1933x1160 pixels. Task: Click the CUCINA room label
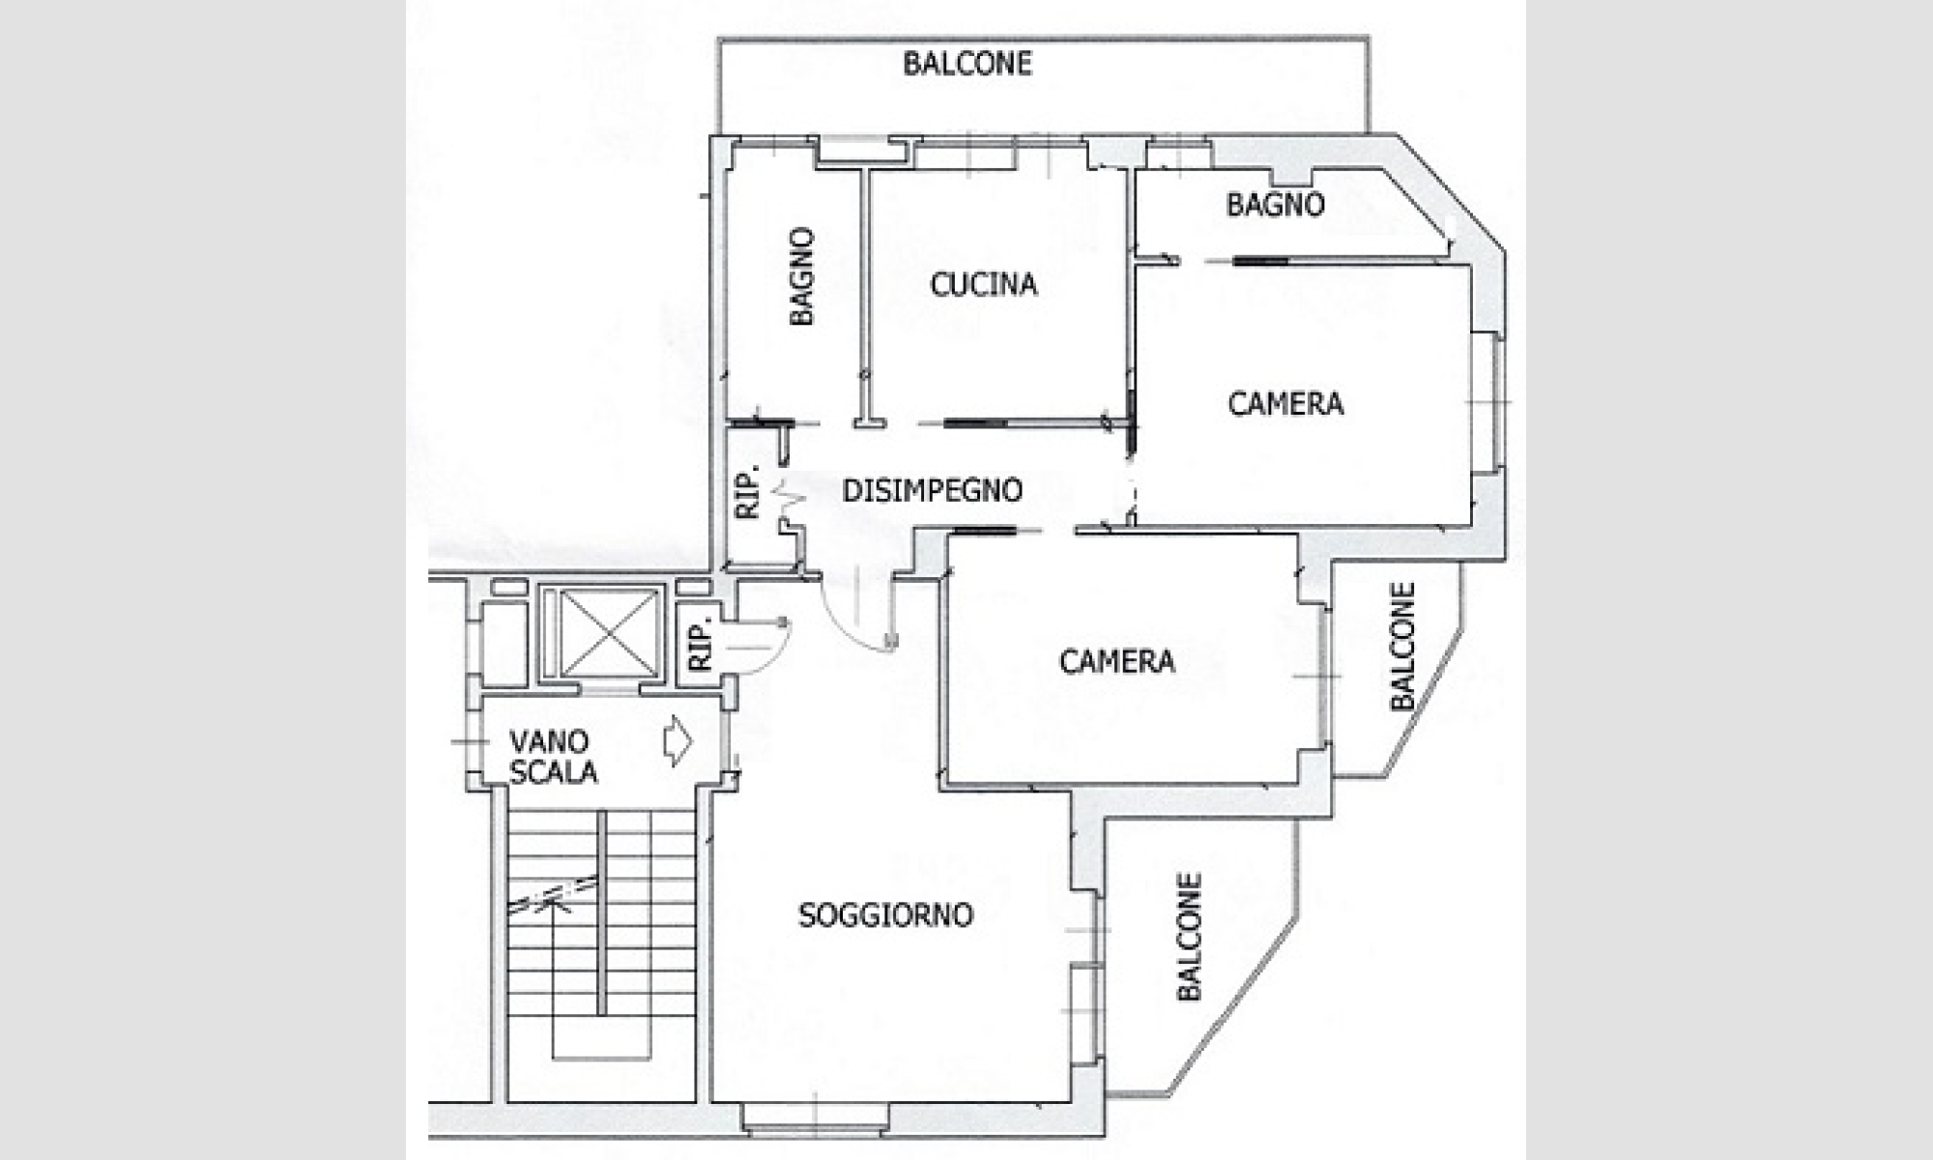click(983, 284)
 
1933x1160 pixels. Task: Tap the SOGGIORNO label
click(885, 915)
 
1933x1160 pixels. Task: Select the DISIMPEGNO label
click(932, 491)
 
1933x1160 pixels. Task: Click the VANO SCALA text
click(552, 757)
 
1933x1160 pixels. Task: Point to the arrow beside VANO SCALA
click(678, 741)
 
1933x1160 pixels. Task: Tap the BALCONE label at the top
click(966, 64)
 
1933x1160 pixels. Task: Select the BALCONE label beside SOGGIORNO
click(1189, 937)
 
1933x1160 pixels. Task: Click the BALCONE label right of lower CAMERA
click(1402, 646)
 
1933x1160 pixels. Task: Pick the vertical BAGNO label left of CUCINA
click(801, 276)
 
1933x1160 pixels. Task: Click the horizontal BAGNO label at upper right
click(1275, 205)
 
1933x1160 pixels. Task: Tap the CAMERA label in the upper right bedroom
click(1285, 403)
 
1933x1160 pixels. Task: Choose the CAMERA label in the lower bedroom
click(1116, 661)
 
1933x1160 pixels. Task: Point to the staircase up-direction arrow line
click(554, 967)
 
